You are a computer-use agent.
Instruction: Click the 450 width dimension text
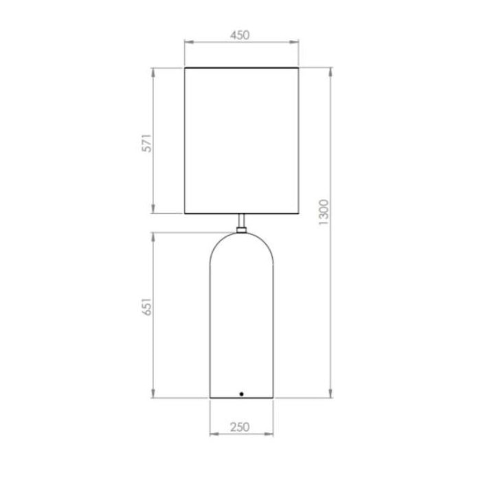[240, 36]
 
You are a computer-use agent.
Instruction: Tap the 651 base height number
[146, 306]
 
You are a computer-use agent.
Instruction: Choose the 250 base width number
[240, 427]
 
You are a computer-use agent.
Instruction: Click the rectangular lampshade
[242, 140]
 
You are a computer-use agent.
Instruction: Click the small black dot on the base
[241, 393]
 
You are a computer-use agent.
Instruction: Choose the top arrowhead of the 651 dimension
[154, 236]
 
